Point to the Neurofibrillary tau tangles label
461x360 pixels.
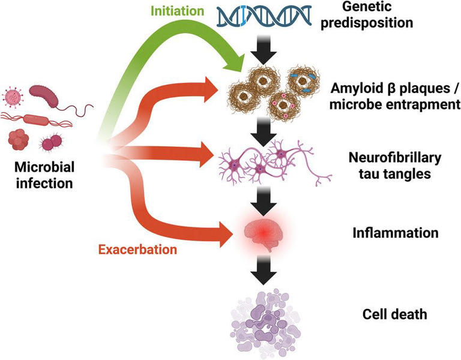coord(394,166)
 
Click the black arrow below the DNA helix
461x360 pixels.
coord(263,53)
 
